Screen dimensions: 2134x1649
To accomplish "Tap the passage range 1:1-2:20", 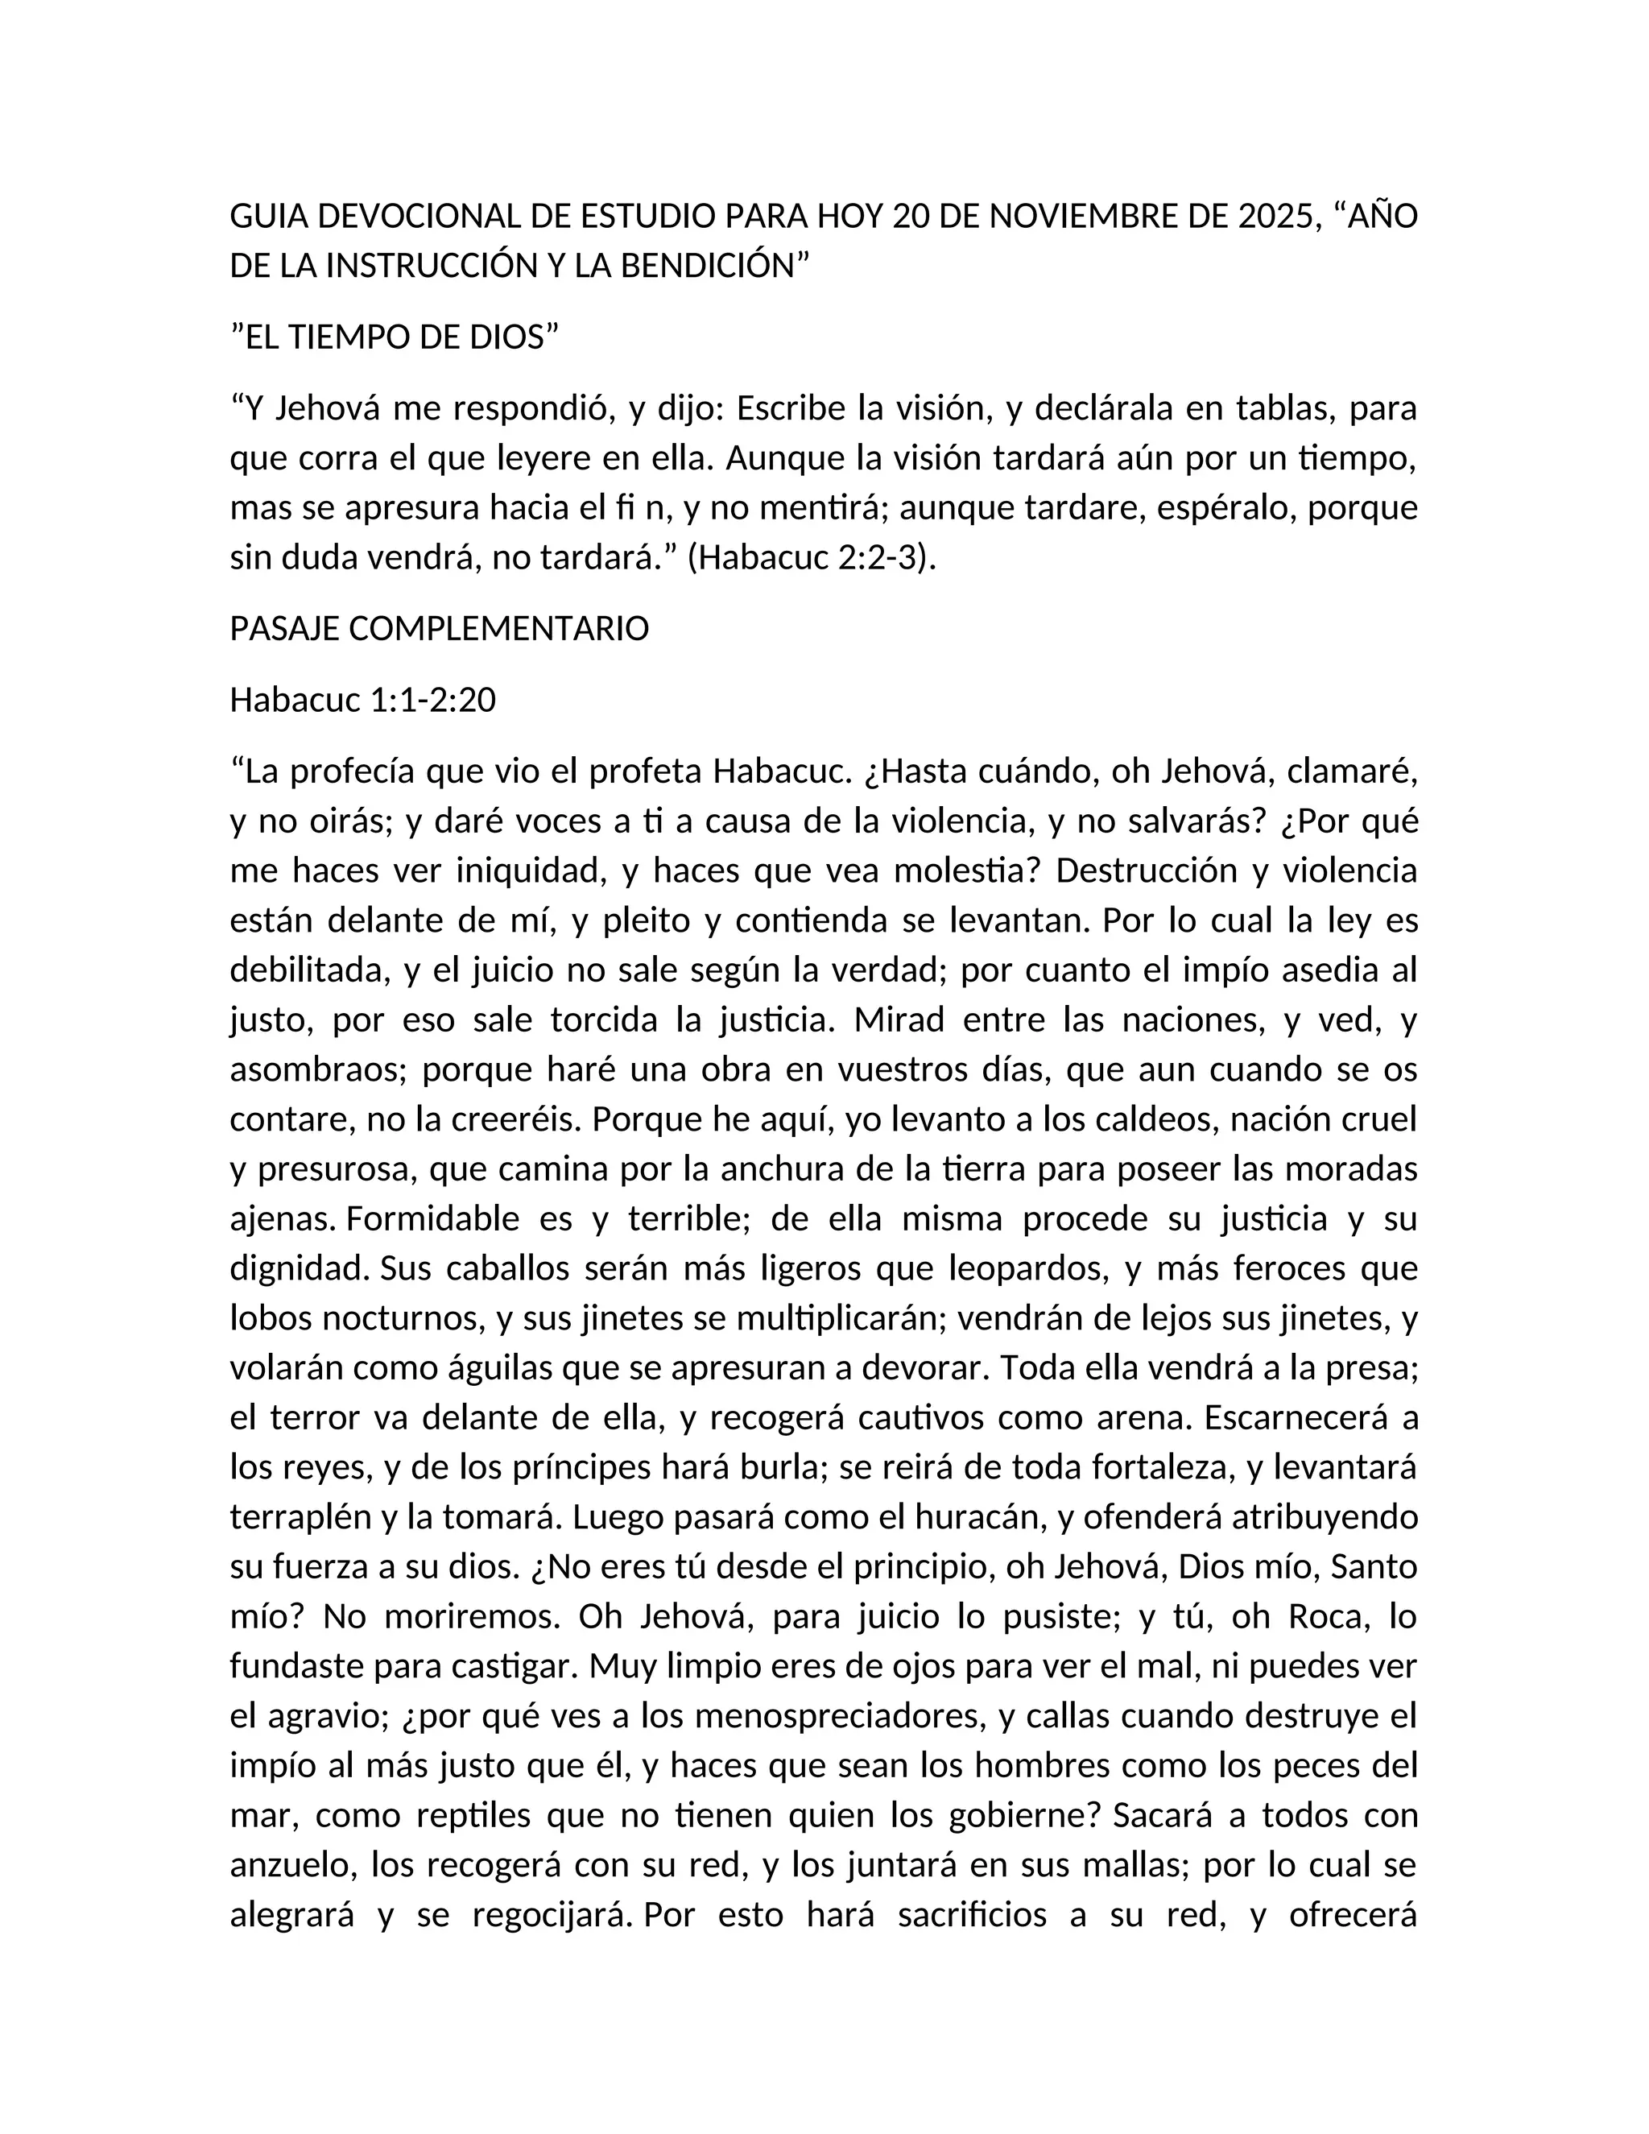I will [x=432, y=700].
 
